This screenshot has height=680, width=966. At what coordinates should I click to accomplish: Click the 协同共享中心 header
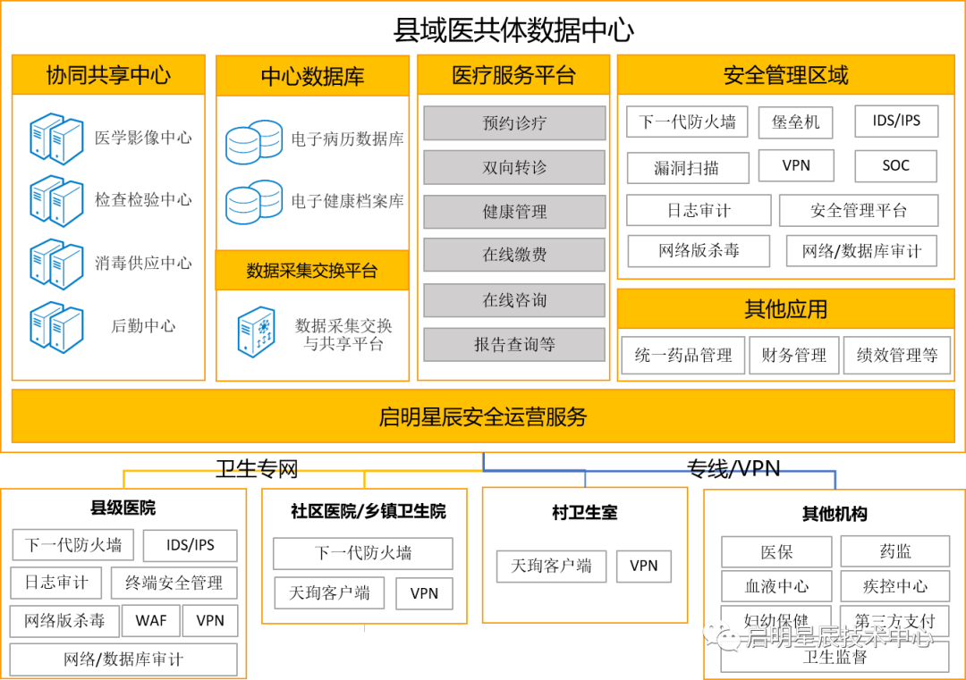pos(108,75)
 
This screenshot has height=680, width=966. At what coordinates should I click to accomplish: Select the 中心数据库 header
pos(312,76)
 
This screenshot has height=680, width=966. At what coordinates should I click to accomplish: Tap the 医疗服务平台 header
pos(513,75)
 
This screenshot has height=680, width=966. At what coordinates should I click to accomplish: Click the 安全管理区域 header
pos(785,75)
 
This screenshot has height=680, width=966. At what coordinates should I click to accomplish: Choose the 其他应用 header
pos(785,309)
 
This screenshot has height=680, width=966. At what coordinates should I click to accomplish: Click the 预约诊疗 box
pos(514,123)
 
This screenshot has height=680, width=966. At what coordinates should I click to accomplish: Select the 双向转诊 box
pos(514,167)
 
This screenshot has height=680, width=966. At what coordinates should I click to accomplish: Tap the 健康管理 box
pos(514,212)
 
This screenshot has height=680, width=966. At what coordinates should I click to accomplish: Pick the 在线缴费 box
pos(514,255)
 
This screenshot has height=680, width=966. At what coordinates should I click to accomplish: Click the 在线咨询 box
pos(514,300)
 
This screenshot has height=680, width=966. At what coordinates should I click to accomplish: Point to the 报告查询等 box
pos(514,344)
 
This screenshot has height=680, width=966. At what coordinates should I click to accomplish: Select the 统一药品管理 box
pos(683,355)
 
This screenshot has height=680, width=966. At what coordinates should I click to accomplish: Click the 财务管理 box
pos(794,355)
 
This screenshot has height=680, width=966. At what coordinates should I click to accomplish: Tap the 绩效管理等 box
pos(897,355)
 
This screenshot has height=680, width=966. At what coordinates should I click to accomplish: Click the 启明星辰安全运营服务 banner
pos(483,416)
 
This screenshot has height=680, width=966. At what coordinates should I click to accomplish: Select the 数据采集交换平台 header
pos(312,270)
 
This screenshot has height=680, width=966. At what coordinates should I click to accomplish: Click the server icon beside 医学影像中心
pos(55,139)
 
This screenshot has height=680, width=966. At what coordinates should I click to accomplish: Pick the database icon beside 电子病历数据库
pos(254,141)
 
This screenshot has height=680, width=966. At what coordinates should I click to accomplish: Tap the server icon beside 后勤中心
pos(55,327)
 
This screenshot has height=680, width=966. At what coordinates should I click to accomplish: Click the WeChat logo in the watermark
pos(722,634)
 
